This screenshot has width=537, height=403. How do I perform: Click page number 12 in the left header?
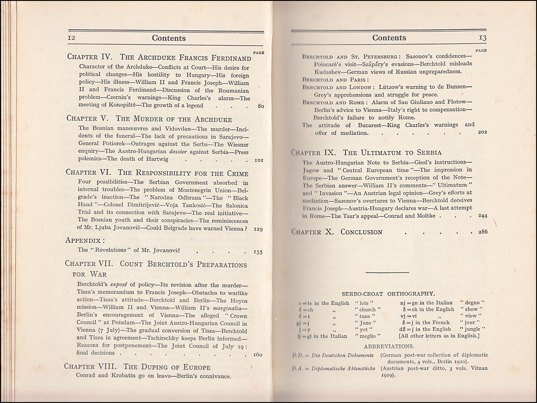(x=71, y=39)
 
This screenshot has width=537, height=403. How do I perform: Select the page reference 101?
(x=258, y=159)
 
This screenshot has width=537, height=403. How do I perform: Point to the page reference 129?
(x=258, y=229)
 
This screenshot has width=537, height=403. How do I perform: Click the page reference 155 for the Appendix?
(x=258, y=252)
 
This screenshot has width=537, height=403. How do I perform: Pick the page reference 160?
(x=258, y=354)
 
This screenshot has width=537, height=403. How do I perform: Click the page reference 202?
(x=482, y=133)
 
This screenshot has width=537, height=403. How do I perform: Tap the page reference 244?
(x=482, y=216)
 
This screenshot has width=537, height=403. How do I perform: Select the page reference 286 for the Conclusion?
(x=482, y=232)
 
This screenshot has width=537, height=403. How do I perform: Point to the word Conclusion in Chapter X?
(x=361, y=232)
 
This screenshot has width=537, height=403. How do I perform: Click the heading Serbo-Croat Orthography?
(x=388, y=294)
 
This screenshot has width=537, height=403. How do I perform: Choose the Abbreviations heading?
(x=389, y=347)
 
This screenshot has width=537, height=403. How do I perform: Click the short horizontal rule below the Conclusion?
(x=387, y=272)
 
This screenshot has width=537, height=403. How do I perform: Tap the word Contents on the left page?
(x=169, y=39)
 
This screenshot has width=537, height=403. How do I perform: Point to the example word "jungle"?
(x=474, y=329)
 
